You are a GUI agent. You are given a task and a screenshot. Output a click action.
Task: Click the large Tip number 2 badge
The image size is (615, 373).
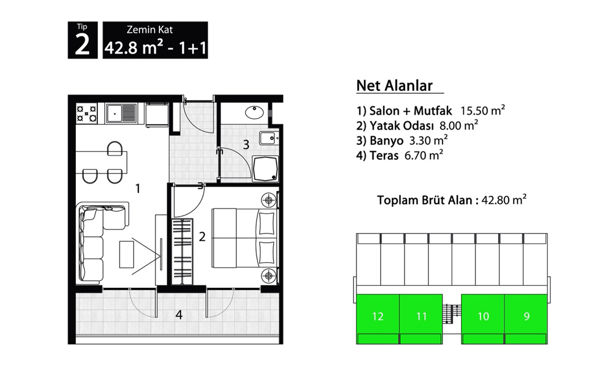(83, 40)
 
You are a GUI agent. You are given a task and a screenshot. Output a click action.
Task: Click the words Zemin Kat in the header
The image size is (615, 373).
(150, 30)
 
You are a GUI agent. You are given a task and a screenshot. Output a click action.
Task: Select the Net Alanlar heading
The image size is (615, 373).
(395, 85)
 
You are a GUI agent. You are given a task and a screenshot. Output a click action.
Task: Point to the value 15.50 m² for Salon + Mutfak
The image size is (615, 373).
(482, 110)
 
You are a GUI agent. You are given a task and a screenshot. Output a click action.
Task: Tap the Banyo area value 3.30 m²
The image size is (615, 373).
(428, 140)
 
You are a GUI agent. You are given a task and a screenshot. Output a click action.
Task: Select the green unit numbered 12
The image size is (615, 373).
(378, 317)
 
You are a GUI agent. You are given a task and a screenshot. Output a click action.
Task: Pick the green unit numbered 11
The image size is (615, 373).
(421, 317)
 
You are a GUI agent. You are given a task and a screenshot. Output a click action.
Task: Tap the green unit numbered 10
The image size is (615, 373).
(483, 317)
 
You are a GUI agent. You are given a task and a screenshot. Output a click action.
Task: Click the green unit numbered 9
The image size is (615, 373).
(526, 317)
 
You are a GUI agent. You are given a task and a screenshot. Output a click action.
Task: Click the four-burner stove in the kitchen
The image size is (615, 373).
(87, 114)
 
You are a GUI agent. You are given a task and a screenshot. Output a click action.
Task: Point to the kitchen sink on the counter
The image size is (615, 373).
(121, 113)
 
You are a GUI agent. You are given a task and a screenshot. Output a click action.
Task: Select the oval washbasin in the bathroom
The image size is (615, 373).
(255, 113)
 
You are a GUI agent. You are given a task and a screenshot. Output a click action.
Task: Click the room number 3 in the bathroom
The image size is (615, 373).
(246, 144)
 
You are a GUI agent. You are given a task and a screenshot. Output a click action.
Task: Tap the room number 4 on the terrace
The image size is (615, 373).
(179, 314)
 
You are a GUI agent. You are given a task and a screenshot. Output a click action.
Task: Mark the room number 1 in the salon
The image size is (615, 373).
(138, 189)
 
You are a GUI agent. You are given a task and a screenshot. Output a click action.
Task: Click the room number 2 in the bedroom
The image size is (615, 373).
(202, 237)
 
